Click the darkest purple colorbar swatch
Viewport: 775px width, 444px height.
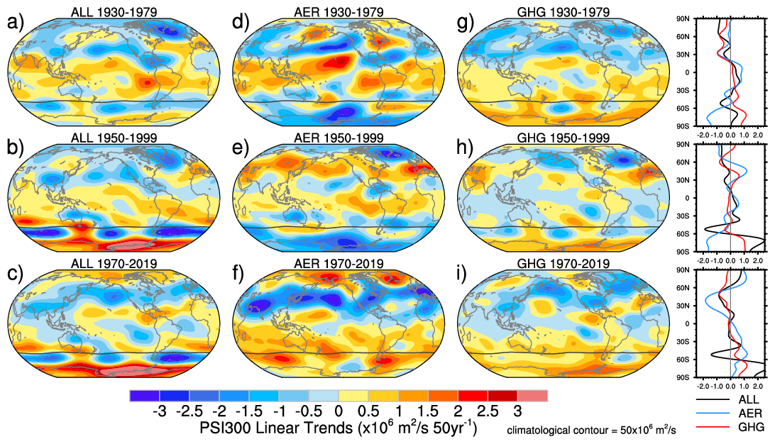click(x=145, y=395)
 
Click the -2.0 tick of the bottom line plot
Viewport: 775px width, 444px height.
click(x=703, y=388)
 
